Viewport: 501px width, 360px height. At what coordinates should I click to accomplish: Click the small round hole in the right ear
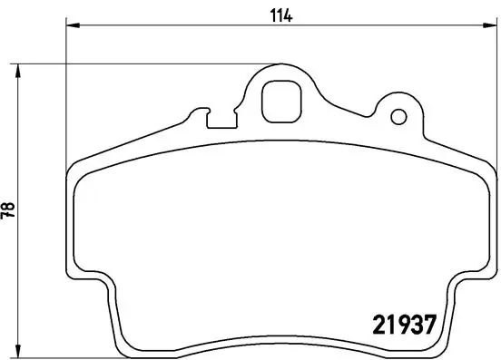coord(397,116)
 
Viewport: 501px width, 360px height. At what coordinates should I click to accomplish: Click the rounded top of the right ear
coord(398,97)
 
